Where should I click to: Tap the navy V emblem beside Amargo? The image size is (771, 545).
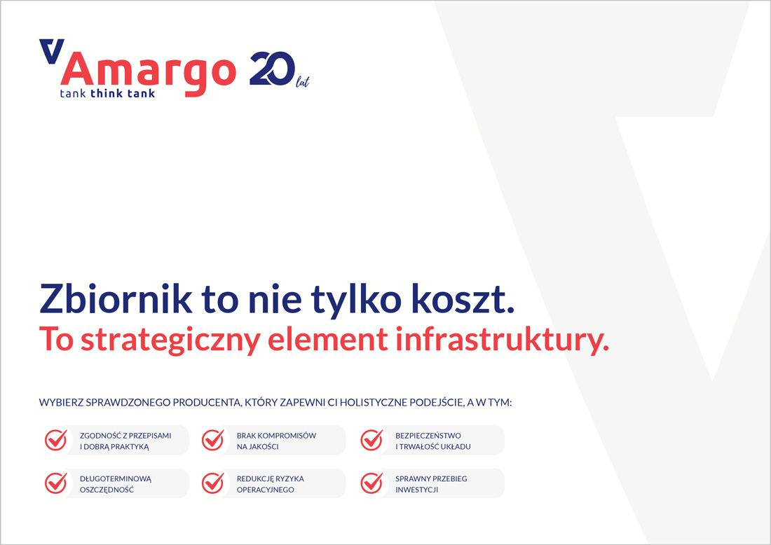[x=52, y=51]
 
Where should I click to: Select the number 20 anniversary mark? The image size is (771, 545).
[x=273, y=69]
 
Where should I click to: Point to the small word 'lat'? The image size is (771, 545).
[x=302, y=82]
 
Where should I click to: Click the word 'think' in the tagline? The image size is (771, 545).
[x=107, y=93]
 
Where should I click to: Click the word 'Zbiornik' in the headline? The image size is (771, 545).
[x=116, y=298]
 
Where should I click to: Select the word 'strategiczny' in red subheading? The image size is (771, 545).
[x=170, y=340]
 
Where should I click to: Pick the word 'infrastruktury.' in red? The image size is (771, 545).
[x=502, y=340]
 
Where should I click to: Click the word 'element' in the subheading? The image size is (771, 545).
[x=327, y=339]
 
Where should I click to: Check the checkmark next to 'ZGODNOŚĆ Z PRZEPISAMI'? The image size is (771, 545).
[x=56, y=440]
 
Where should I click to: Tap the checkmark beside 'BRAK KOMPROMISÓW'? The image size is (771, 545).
[x=213, y=440]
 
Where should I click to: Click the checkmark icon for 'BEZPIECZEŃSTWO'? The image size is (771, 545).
[x=371, y=440]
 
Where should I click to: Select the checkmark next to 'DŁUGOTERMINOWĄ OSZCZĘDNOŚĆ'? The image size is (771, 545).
[x=56, y=483]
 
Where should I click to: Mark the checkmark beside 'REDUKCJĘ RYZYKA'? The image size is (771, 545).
[x=213, y=483]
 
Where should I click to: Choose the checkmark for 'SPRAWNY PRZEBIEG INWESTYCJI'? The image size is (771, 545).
[x=371, y=483]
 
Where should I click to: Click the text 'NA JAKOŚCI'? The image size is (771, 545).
[x=258, y=447]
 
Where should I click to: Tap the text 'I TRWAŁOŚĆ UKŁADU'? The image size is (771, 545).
[x=432, y=447]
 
